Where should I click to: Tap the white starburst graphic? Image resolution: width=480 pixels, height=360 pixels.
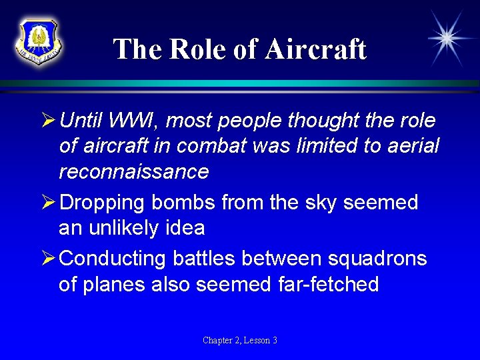(447, 37)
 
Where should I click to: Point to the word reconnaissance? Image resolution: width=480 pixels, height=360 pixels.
(133, 171)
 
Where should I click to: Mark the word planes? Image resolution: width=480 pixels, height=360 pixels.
(118, 285)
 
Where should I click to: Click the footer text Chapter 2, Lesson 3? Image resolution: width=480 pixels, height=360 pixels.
(240, 341)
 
